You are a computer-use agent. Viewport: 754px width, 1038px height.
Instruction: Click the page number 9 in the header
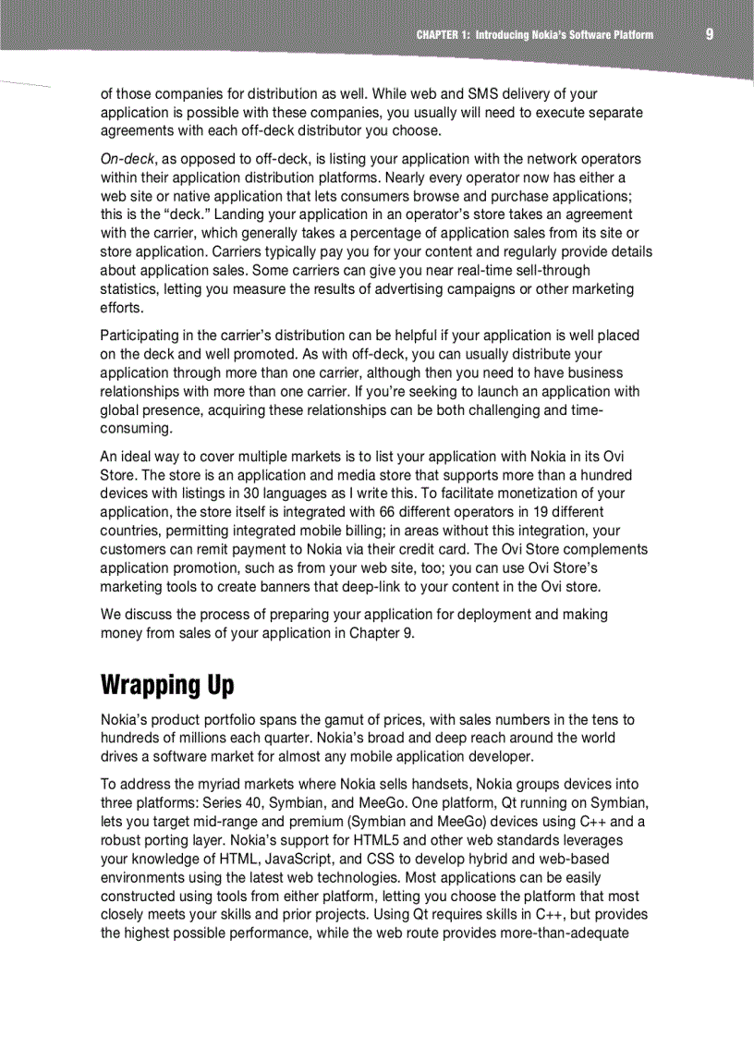[709, 34]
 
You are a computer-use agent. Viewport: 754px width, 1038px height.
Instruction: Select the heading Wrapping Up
[167, 685]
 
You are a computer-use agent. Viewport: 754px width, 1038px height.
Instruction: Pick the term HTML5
[352, 840]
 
